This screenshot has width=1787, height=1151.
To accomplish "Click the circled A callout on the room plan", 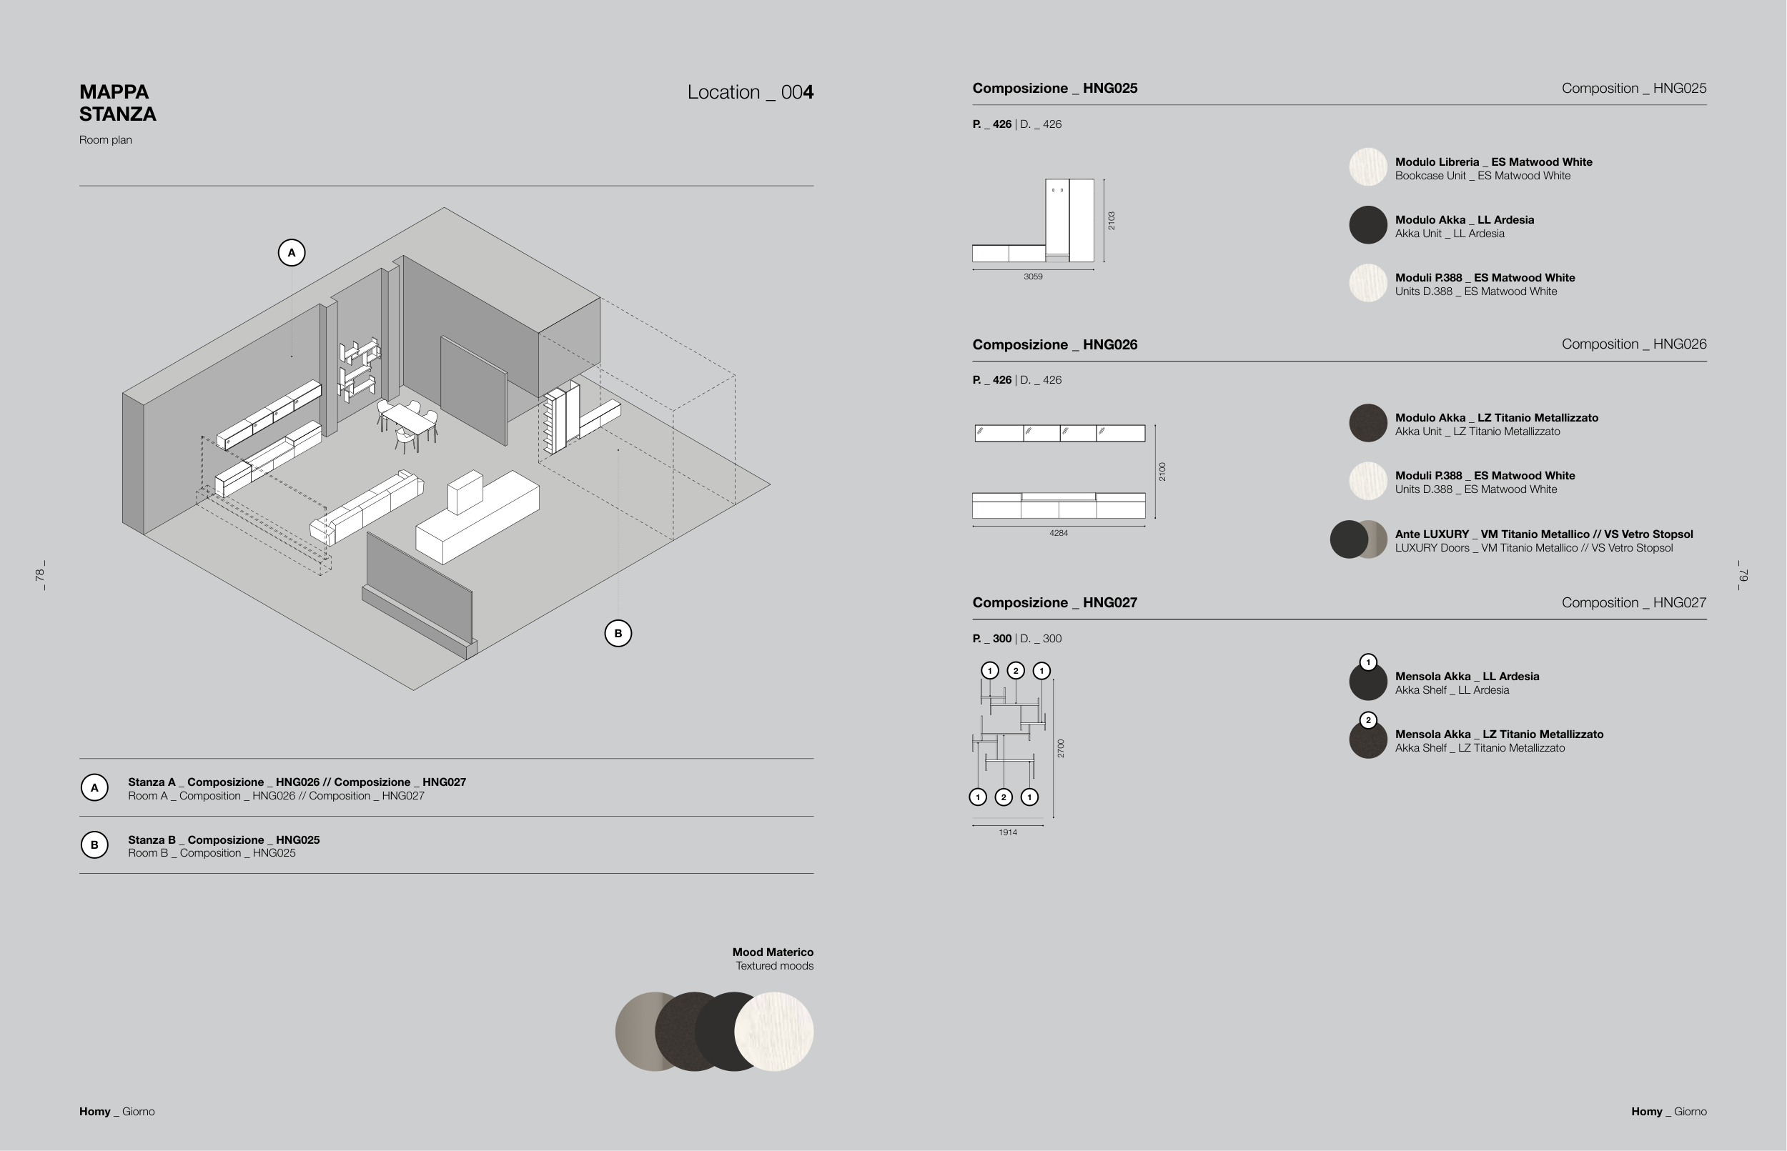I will pyautogui.click(x=292, y=253).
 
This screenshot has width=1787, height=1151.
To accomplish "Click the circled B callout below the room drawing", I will pyautogui.click(x=618, y=633).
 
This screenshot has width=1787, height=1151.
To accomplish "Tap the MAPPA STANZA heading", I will pyautogui.click(x=117, y=103).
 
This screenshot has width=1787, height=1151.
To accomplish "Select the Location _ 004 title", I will pyautogui.click(x=750, y=92).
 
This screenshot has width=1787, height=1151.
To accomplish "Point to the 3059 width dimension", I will pyautogui.click(x=1033, y=276).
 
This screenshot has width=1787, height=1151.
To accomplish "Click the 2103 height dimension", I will pyautogui.click(x=1111, y=221).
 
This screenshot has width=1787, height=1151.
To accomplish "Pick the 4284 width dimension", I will pyautogui.click(x=1058, y=533).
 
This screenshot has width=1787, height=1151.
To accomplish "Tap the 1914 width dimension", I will pyautogui.click(x=1007, y=832).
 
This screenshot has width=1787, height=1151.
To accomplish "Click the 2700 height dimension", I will pyautogui.click(x=1060, y=748).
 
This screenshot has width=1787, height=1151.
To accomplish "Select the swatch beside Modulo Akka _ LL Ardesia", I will pyautogui.click(x=1367, y=225).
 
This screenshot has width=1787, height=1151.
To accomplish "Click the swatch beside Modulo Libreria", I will pyautogui.click(x=1367, y=166).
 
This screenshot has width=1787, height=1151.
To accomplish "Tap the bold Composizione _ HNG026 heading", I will pyautogui.click(x=1054, y=344).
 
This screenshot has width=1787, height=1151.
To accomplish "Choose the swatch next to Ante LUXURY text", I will pyautogui.click(x=1358, y=539).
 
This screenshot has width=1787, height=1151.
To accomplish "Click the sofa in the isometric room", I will pyautogui.click(x=367, y=506).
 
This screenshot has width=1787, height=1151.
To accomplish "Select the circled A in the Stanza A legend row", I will pyautogui.click(x=94, y=787).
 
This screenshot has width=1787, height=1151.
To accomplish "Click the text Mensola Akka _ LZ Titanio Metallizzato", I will pyautogui.click(x=1498, y=734).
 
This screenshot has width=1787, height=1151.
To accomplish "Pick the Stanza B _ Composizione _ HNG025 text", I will pyautogui.click(x=224, y=839).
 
